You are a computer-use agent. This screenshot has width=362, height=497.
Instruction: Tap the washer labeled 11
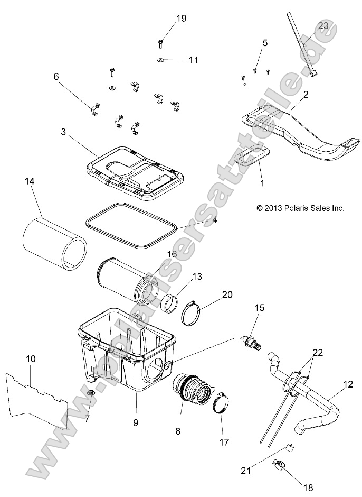coord(160,60)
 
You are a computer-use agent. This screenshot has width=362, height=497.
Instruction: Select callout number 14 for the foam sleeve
coord(29,181)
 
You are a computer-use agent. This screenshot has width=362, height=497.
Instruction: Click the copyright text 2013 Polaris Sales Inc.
coord(300,208)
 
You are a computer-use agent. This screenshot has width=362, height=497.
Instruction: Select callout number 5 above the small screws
coord(264,42)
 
